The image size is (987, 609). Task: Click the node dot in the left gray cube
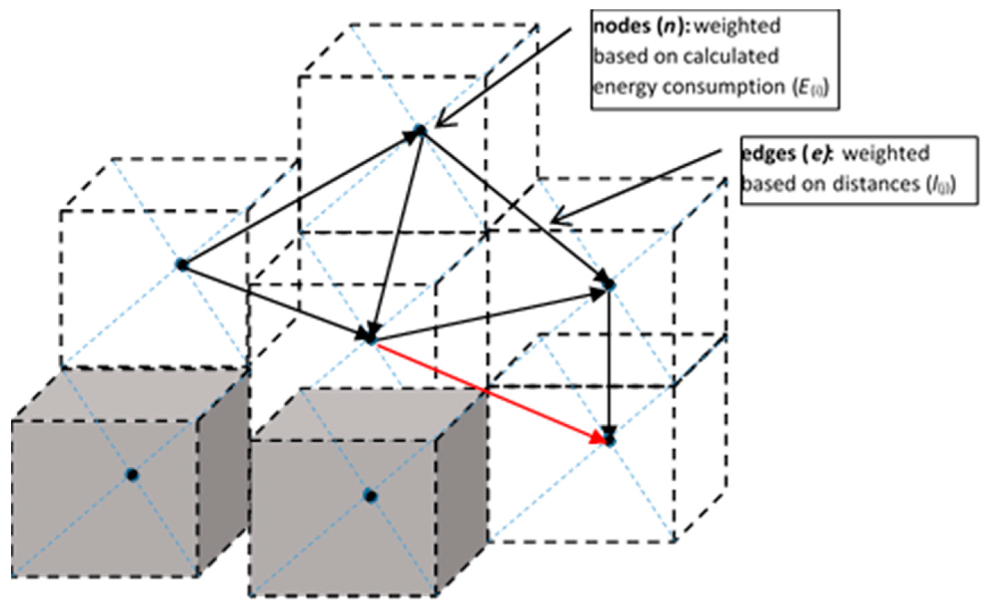132,475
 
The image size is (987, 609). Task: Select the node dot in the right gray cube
370,496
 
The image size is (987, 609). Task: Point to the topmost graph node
420,131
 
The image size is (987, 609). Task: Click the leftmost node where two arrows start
182,265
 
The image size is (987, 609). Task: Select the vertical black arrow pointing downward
609,362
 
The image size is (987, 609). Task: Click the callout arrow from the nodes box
503,76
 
